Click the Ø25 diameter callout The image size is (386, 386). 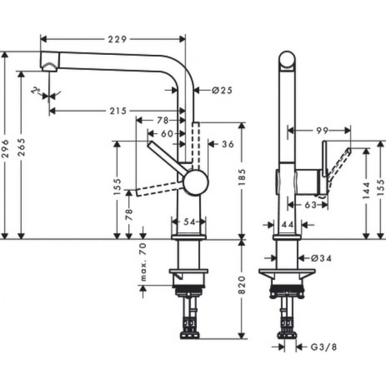[x=222, y=90]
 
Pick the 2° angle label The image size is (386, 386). [x=37, y=91]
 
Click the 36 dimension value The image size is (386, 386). [x=227, y=144]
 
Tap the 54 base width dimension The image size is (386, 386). [x=189, y=222]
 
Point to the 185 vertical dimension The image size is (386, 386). [x=242, y=180]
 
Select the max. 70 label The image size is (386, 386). [x=143, y=263]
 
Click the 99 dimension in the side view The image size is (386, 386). [x=321, y=131]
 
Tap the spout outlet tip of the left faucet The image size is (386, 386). [x=49, y=68]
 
